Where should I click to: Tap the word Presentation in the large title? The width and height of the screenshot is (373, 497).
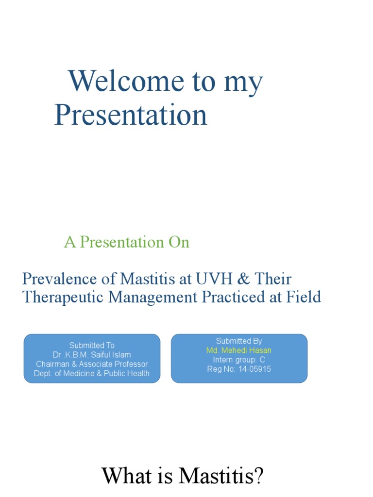tap(131, 116)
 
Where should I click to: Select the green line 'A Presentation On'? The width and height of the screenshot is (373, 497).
tap(126, 242)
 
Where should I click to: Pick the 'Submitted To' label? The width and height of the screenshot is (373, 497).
tap(92, 346)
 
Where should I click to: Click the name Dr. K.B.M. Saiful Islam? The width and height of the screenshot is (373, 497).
tap(92, 355)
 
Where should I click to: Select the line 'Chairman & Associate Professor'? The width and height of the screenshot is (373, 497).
tap(92, 364)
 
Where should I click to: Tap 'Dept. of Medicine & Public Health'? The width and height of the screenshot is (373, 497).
tap(92, 374)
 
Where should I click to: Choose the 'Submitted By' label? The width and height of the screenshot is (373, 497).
tap(239, 341)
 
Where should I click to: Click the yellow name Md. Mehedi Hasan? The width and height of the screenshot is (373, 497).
tap(239, 350)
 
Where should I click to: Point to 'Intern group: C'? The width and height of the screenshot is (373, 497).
tap(239, 360)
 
